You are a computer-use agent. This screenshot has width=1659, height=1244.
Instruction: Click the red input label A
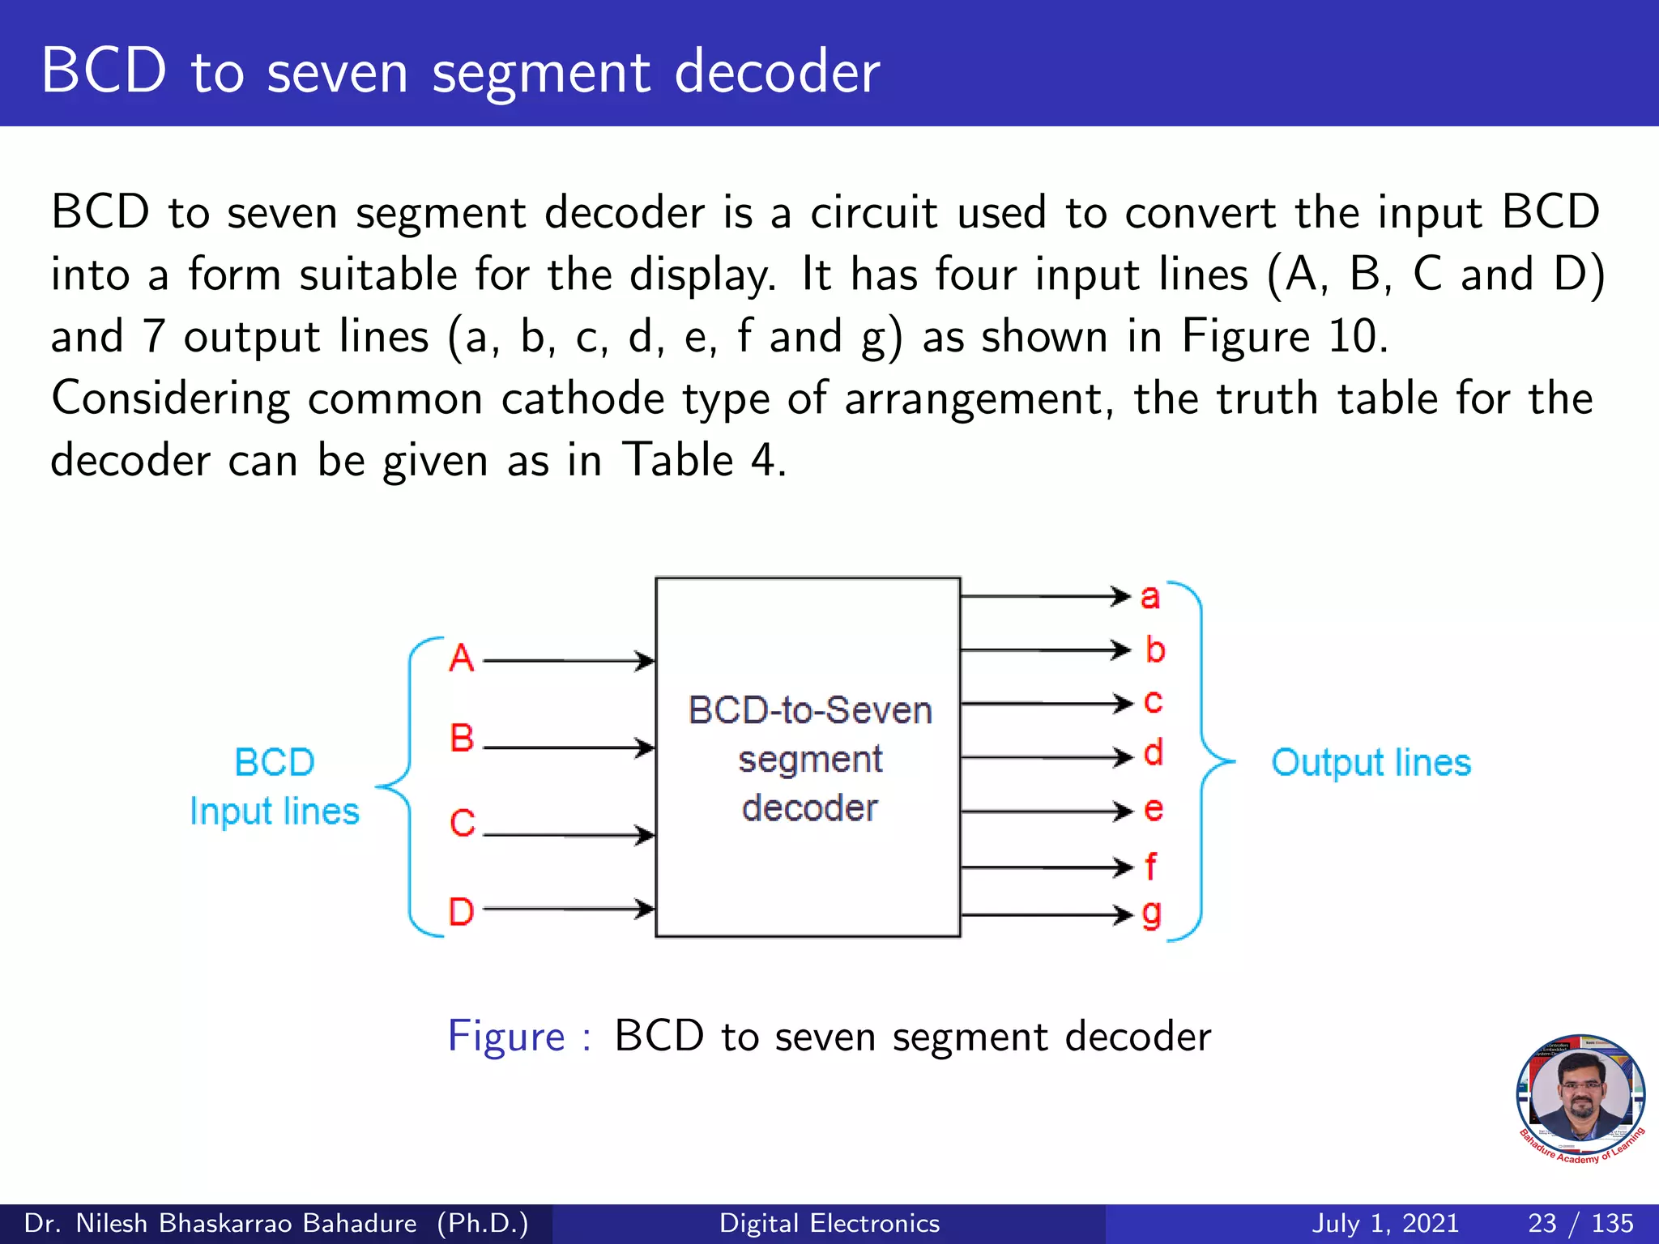point(462,658)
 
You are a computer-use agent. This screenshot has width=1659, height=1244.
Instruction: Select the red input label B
point(462,738)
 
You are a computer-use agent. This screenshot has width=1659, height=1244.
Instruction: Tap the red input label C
point(463,824)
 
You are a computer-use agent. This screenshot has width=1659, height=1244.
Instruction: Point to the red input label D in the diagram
point(462,912)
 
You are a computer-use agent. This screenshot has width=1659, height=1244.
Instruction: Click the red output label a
point(1150,598)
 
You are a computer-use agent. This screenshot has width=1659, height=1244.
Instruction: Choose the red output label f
point(1151,866)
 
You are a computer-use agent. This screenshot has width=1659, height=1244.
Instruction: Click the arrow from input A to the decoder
point(569,662)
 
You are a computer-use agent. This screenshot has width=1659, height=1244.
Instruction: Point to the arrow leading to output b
point(1045,650)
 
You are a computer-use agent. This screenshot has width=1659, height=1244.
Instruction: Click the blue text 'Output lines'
point(1371,763)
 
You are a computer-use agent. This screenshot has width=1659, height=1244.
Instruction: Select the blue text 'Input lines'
point(275,812)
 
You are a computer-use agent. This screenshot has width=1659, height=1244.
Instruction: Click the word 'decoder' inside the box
point(810,808)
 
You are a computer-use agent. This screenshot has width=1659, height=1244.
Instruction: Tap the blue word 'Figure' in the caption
point(506,1037)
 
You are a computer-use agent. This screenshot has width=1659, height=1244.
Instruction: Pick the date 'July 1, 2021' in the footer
point(1385,1223)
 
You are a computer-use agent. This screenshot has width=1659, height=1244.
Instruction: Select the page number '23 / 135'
point(1580,1223)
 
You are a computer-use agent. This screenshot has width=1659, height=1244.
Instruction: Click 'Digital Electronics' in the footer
point(829,1223)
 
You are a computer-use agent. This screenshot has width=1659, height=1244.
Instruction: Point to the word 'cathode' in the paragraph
point(582,398)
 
